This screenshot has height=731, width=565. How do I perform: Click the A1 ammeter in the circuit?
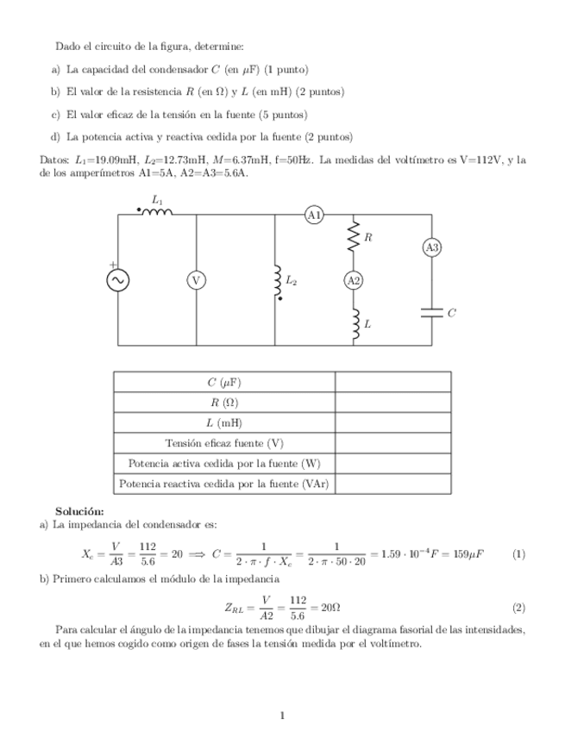coord(314,215)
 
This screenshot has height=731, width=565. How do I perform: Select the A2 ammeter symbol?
coord(353,280)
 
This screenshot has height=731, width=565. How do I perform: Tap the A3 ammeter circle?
coord(431,247)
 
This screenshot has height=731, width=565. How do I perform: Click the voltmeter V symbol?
coord(196,280)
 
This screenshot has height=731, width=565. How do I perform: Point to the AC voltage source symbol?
coord(117,280)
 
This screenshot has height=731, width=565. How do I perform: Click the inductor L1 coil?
coord(155,212)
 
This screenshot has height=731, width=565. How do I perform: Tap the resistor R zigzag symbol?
coord(353,237)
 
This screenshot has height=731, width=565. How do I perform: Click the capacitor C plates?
coord(431,312)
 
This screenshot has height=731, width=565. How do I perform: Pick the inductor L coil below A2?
coord(353,323)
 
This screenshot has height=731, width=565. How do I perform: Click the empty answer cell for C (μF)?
coord(392,382)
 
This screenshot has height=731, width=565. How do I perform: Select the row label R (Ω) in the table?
coord(224,403)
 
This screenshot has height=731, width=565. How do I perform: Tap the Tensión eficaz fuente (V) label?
coord(224,443)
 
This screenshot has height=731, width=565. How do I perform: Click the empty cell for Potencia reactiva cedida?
coord(392,484)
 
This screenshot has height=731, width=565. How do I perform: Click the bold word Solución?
coord(79,511)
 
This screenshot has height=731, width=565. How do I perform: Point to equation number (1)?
coord(518,553)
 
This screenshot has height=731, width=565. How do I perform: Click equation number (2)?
coord(518,607)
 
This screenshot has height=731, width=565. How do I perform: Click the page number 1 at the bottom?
coord(282,715)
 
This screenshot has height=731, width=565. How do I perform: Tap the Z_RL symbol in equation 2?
coord(234,608)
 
